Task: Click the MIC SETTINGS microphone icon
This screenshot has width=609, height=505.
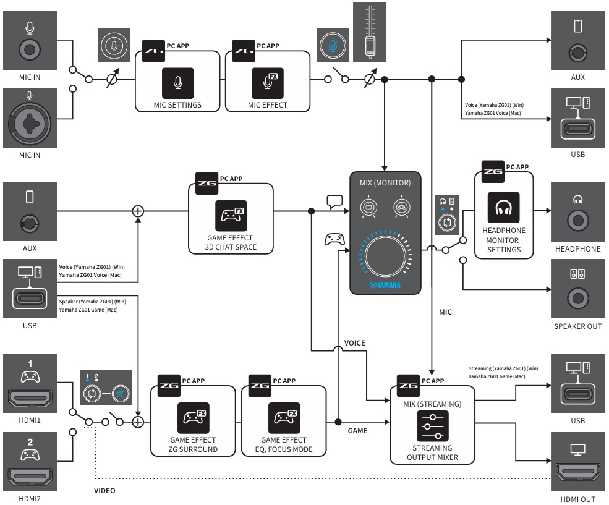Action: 177,83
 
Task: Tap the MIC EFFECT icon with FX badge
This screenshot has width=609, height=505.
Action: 267,83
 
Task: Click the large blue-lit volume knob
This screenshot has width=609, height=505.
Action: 385,254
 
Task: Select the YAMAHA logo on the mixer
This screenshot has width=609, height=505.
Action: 385,285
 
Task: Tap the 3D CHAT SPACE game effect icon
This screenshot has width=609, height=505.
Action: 231,216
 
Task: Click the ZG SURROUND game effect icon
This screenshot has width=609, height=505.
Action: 194,418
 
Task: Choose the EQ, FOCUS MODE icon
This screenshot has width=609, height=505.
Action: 284,418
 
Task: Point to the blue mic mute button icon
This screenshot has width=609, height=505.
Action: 333,45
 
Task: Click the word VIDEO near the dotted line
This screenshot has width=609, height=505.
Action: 104,491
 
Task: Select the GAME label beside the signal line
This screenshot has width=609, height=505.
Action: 357,431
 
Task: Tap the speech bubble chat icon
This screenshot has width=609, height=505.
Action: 334,202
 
